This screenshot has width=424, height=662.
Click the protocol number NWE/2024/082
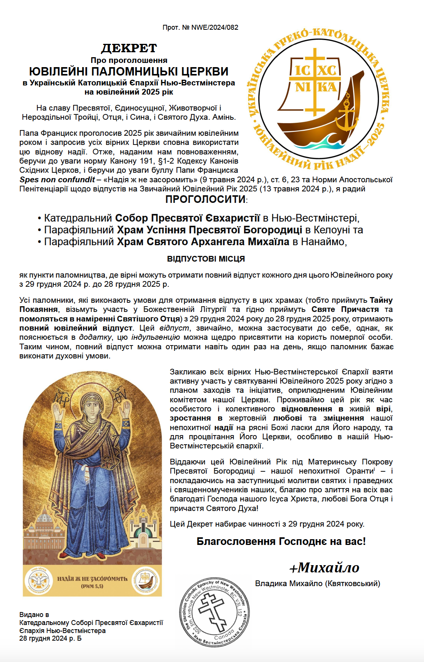215,27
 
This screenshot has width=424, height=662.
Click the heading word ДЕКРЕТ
129,48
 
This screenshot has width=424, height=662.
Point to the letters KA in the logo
327,88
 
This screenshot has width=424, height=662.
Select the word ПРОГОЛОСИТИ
206,199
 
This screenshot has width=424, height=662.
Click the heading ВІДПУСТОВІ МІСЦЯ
206,259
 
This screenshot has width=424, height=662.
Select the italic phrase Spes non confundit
57,180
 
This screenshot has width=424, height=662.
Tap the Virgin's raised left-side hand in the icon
58,412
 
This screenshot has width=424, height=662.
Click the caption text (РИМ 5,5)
92,586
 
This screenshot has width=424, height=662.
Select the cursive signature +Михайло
324,568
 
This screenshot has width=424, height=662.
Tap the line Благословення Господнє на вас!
281,541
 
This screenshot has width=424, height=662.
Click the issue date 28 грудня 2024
43,639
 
